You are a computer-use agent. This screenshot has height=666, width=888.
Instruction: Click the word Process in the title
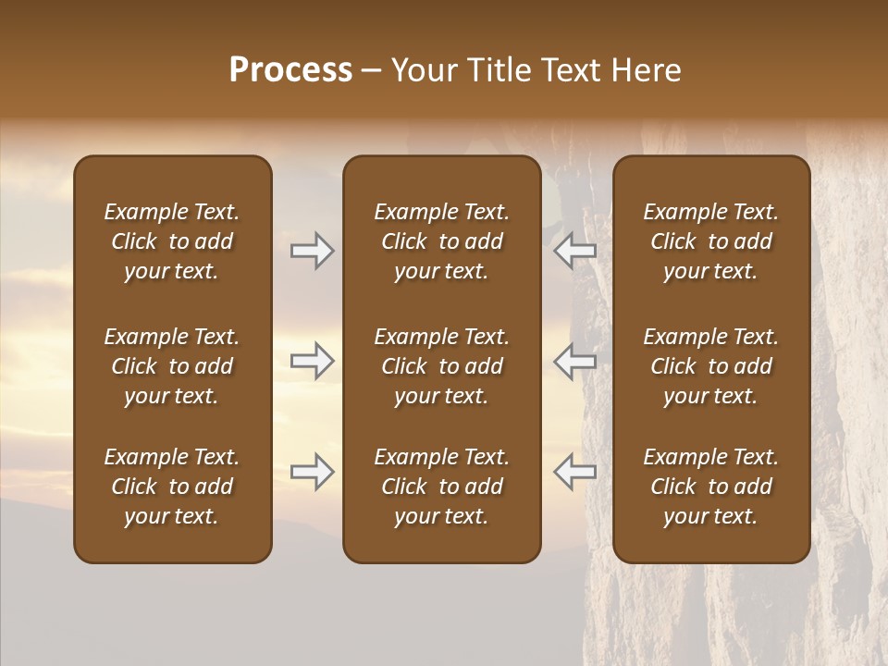290,70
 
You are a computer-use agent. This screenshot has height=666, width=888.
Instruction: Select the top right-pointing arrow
313,251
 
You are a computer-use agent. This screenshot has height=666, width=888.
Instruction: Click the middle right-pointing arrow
313,361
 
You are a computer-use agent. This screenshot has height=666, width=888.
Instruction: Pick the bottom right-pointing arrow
313,472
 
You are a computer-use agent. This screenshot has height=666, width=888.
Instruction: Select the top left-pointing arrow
574,251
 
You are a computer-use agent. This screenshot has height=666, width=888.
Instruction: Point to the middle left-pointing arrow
574,361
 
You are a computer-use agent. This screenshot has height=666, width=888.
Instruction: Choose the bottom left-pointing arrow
574,472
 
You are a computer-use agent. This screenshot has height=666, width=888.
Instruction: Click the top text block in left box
172,241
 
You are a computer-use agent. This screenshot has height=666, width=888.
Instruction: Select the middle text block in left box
172,366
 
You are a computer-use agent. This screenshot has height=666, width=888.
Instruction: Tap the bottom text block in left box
172,487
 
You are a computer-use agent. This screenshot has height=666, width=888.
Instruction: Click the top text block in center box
442,241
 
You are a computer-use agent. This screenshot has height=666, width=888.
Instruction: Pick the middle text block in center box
442,366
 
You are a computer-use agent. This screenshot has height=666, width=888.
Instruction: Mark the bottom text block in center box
442,487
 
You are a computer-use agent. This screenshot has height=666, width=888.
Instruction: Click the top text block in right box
711,241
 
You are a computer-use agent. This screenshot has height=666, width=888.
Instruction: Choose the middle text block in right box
711,366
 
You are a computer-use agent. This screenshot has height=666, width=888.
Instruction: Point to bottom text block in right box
711,487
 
